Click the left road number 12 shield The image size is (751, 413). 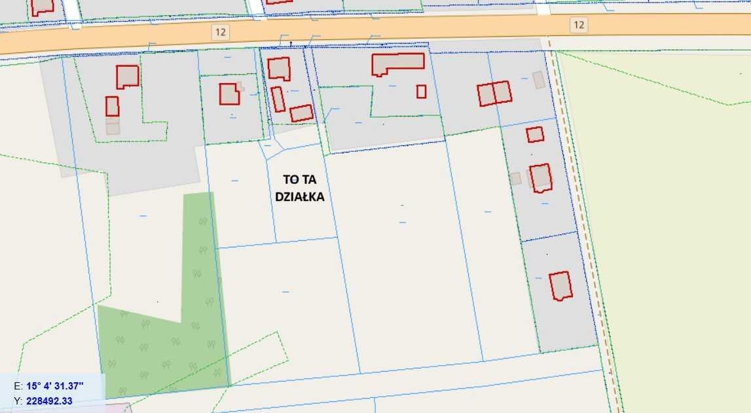tap(220, 31)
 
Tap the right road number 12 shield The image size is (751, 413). tap(578, 25)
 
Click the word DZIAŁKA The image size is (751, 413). tap(300, 196)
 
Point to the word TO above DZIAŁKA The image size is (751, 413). tap(289, 179)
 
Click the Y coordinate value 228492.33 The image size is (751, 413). tap(49, 401)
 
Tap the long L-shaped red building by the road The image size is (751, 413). tap(397, 63)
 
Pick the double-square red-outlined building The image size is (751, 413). tap(494, 93)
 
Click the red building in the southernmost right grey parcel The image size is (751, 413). tap(560, 286)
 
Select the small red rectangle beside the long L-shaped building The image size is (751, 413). tap(421, 92)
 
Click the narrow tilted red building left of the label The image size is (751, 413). tap(278, 99)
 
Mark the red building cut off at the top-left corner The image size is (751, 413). tap(43, 7)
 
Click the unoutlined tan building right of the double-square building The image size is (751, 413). tap(538, 80)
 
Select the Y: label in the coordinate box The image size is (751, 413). tap(17, 401)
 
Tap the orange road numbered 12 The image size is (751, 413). tap(393, 29)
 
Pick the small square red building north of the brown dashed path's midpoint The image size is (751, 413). tap(535, 134)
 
